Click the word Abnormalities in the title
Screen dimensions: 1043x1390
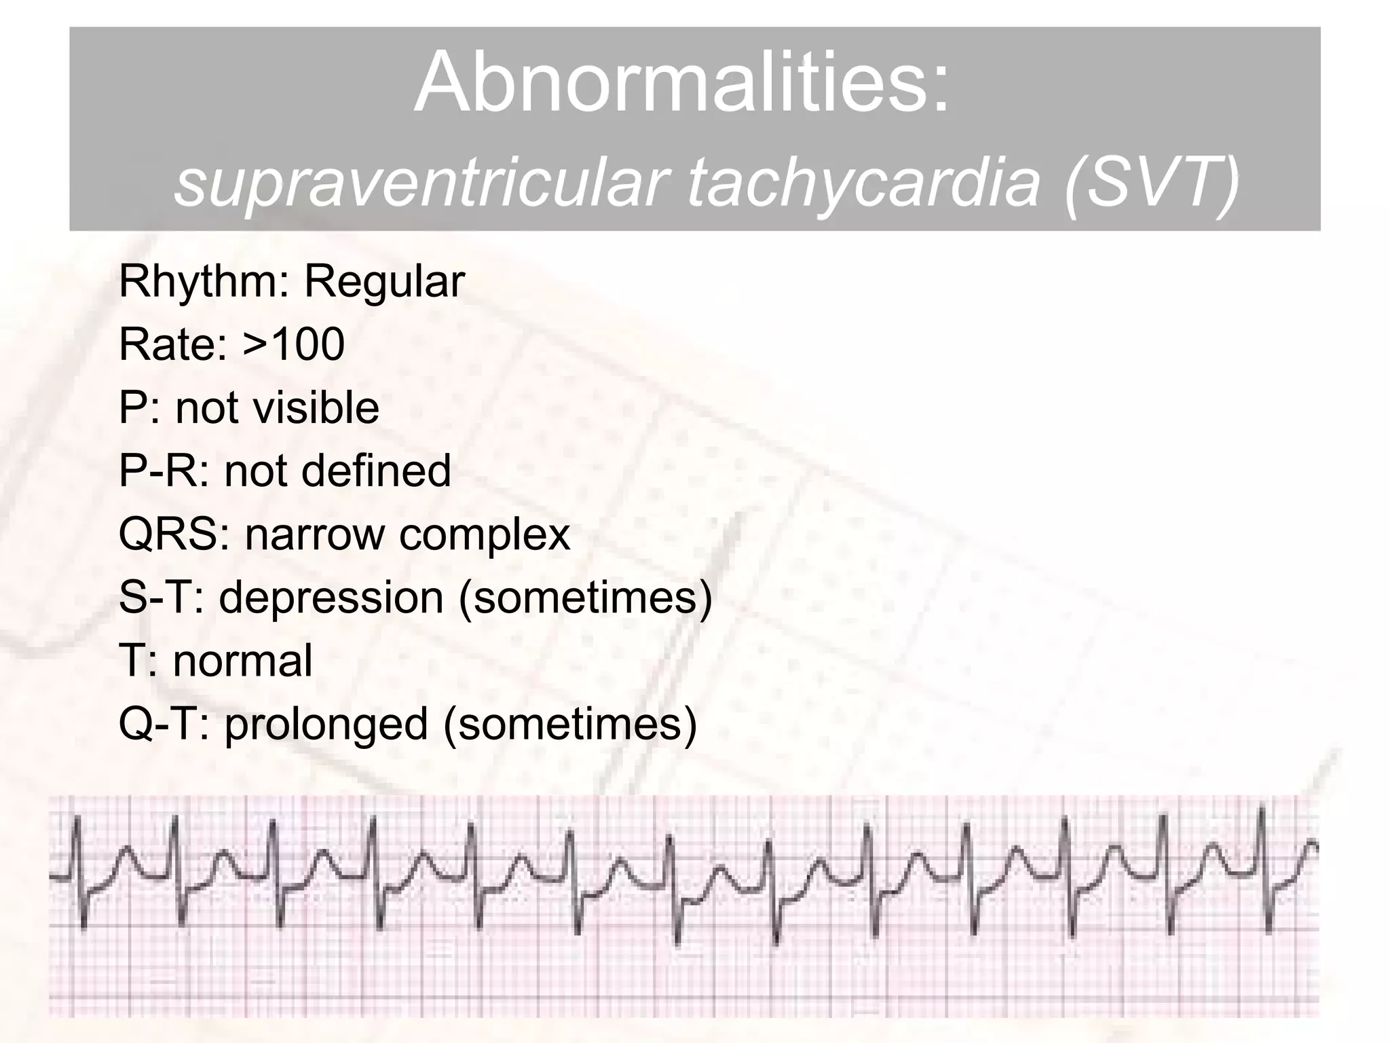[x=681, y=83]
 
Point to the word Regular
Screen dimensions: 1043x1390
[x=384, y=281]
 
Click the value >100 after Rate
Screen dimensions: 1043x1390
[x=293, y=344]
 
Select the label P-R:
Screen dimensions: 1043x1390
[x=164, y=471]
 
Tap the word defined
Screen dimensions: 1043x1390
[x=376, y=471]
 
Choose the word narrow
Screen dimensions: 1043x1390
[x=315, y=534]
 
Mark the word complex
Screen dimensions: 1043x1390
[x=485, y=534]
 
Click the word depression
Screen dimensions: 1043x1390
[x=331, y=598]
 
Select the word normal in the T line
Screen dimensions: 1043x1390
[x=242, y=660]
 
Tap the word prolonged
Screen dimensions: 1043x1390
[x=326, y=724]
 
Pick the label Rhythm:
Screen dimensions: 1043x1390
[x=203, y=281]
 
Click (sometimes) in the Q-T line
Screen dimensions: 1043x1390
[x=570, y=724]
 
